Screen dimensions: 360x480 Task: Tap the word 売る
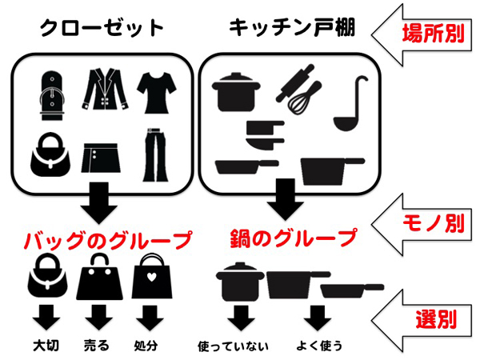(x=97, y=346)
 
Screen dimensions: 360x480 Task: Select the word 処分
(x=146, y=346)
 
